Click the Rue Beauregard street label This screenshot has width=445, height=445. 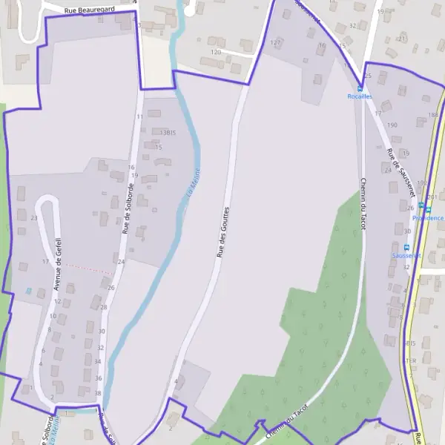coord(90,11)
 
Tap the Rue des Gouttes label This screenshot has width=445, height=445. coord(222,232)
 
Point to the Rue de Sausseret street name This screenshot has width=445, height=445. coord(400,173)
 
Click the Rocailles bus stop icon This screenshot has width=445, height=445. coord(360,88)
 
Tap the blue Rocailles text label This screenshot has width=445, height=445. coord(360,96)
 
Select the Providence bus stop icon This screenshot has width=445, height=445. coord(421,205)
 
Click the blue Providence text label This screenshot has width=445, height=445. coord(428,218)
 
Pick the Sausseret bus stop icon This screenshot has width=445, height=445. coord(406,247)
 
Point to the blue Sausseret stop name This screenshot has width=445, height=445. coord(406,255)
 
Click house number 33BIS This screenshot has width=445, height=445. coord(168,131)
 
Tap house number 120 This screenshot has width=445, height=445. coord(216,53)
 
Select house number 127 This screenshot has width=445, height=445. coord(276,43)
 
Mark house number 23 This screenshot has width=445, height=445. coord(34,217)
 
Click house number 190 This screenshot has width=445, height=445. coord(392,125)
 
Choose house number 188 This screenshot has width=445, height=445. coord(433,115)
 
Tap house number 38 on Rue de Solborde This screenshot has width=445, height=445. coord(98,392)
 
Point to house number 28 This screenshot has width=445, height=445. coord(103,307)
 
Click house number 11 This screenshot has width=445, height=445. coord(139,116)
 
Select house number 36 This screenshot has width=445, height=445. coord(98,378)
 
